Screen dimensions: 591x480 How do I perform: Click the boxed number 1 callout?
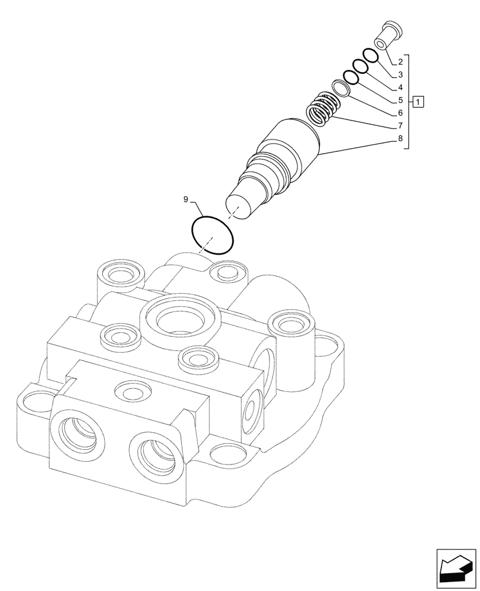(x=418, y=102)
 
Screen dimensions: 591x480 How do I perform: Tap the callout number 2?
(x=400, y=62)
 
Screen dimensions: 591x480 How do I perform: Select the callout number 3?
(x=400, y=75)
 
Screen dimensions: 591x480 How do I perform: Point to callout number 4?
(x=400, y=87)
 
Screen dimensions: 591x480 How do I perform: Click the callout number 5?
(x=400, y=100)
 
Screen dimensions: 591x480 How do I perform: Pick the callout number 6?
(x=400, y=113)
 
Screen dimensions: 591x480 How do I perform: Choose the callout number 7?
(x=400, y=126)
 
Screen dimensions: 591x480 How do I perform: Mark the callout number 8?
(x=400, y=139)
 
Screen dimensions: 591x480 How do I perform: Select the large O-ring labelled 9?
(x=213, y=236)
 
